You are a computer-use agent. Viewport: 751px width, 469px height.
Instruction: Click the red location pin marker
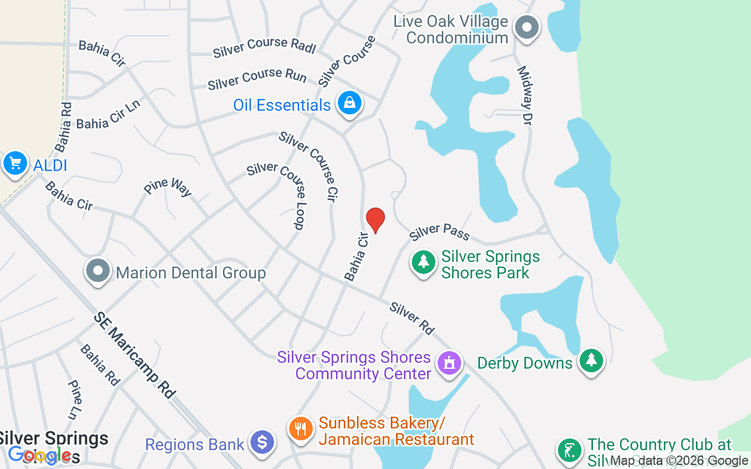[375, 220]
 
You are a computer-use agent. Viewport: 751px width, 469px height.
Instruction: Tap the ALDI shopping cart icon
[15, 164]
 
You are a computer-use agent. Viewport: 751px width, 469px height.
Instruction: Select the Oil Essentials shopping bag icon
[350, 103]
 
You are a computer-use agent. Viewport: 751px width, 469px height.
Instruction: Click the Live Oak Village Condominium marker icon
[526, 27]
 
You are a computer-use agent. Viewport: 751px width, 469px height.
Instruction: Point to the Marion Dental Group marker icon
[98, 271]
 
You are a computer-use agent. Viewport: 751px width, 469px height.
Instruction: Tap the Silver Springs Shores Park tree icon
[423, 262]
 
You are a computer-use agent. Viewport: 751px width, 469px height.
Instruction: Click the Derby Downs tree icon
[591, 360]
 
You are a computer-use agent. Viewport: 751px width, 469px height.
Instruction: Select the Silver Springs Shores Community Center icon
[449, 362]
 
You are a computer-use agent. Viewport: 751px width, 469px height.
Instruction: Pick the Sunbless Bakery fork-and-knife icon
[300, 428]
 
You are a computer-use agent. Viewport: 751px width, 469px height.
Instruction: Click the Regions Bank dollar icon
[262, 443]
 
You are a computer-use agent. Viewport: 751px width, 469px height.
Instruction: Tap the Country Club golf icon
[569, 450]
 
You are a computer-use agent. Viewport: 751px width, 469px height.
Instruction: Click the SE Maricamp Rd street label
[134, 355]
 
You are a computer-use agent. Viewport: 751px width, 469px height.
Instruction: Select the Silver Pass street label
[439, 232]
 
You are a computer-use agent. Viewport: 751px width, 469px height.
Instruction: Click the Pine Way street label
[168, 187]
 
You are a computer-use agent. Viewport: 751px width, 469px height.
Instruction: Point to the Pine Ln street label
[74, 399]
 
